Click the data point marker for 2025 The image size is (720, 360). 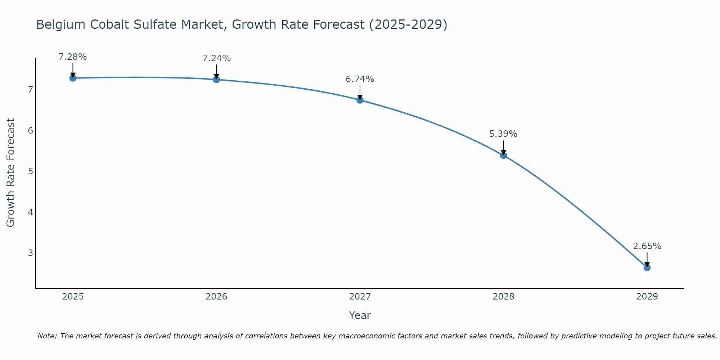[x=73, y=78]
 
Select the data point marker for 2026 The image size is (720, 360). [x=216, y=80]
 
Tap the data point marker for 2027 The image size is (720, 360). [x=360, y=100]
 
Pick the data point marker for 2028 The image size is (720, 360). [x=504, y=156]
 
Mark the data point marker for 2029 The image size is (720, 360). [x=647, y=267]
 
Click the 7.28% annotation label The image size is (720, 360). [x=73, y=57]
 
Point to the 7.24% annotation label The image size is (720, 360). [x=216, y=58]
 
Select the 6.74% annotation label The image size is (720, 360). [x=360, y=79]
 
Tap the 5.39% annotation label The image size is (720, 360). [x=503, y=134]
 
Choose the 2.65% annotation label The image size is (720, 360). [x=647, y=246]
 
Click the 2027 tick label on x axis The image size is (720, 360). [x=360, y=297]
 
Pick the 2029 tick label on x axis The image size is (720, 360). [x=647, y=297]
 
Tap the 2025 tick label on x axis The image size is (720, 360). [x=73, y=297]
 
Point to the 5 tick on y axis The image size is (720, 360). [x=30, y=171]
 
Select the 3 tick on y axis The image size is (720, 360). [x=30, y=253]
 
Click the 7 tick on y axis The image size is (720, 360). [x=30, y=89]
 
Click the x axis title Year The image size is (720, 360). [x=360, y=315]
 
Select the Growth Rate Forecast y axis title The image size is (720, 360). [x=11, y=173]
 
